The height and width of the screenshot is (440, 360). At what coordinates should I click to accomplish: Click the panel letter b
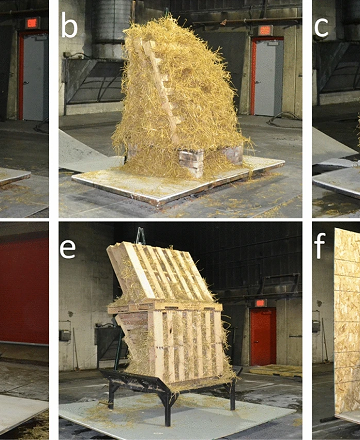click(69, 26)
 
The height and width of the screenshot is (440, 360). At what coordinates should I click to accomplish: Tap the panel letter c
click(321, 29)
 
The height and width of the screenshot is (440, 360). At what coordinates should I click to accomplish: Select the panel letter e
click(68, 248)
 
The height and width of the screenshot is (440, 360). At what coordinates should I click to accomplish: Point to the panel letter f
click(320, 245)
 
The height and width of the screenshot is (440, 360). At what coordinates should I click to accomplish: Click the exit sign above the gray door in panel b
click(265, 30)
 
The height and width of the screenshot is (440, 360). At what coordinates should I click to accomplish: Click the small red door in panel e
click(263, 336)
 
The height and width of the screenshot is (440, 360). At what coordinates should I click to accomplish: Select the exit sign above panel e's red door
click(260, 303)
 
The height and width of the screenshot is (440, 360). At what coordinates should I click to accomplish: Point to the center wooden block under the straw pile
click(191, 162)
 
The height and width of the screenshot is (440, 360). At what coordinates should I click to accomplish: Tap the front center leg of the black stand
click(168, 407)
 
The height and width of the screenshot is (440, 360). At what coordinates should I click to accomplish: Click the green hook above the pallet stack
click(141, 235)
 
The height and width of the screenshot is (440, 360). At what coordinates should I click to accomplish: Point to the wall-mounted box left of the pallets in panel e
click(65, 335)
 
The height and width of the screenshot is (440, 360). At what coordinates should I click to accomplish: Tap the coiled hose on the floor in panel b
click(284, 120)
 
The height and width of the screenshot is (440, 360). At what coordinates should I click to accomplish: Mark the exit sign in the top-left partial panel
click(33, 23)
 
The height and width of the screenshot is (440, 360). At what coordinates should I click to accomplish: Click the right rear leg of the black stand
click(233, 394)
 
